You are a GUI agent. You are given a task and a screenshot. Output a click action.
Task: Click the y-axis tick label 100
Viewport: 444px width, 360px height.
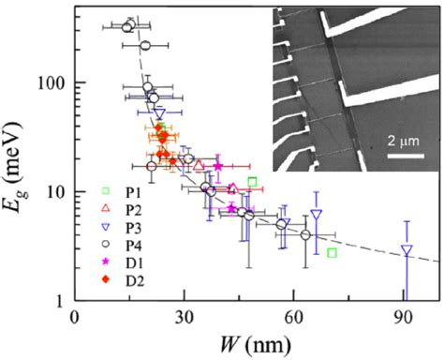[x=52, y=82]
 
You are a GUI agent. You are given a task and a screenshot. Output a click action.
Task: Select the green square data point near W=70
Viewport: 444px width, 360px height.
[x=333, y=253]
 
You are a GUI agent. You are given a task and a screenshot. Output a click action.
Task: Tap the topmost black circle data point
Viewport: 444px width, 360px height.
[x=130, y=24]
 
